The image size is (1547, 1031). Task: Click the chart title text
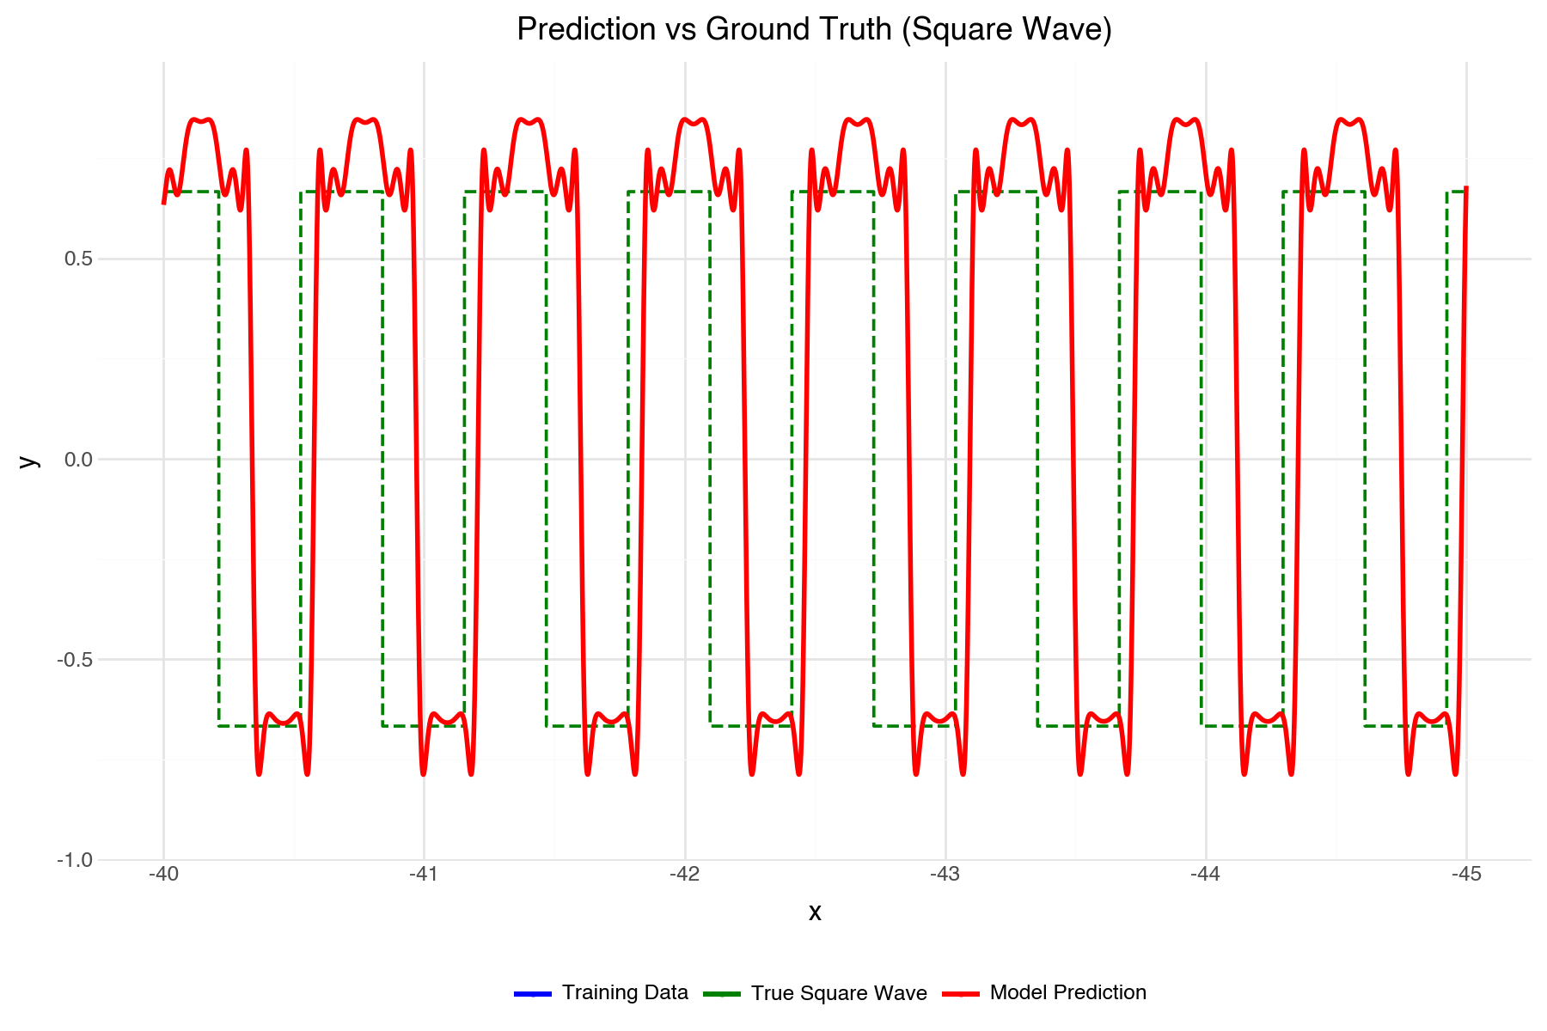tap(814, 30)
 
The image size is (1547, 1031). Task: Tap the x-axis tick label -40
tap(163, 875)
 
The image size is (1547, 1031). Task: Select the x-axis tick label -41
tap(424, 875)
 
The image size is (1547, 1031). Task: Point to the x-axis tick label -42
tap(685, 875)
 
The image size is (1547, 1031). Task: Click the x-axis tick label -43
tap(945, 875)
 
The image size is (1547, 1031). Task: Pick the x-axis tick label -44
tap(1206, 875)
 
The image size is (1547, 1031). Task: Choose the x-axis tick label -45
tap(1466, 875)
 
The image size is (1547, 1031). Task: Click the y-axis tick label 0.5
tap(79, 259)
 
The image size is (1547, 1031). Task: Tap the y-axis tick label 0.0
tap(79, 460)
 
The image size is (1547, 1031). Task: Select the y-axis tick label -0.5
tap(76, 660)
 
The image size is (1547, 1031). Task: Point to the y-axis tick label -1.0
tap(76, 860)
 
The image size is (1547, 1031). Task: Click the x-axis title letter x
tap(815, 912)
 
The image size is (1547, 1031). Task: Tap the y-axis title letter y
tap(29, 461)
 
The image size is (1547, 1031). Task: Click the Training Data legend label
tap(625, 993)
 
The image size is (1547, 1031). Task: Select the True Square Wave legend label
tap(839, 993)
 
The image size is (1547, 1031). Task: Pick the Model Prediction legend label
tap(1068, 993)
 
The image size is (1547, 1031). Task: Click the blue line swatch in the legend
tap(533, 994)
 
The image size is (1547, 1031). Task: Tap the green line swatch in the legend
tap(722, 994)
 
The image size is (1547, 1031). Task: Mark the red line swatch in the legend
tap(961, 994)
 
